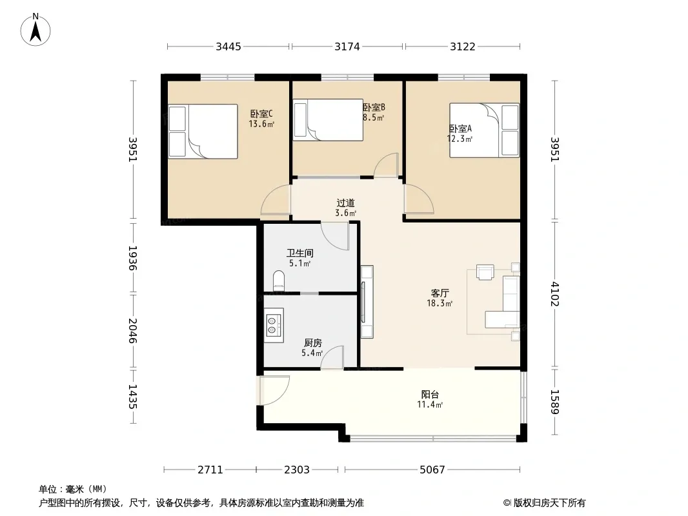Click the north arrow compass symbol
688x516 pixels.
pos(35,29)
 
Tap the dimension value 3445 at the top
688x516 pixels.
pos(228,46)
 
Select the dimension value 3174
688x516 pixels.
pos(347,46)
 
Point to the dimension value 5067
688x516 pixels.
pos(432,470)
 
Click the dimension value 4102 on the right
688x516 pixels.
pos(555,294)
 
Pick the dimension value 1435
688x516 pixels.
pos(132,397)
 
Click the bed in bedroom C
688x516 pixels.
pos(203,131)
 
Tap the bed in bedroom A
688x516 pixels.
pos(485,130)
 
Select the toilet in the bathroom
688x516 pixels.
pos(279,281)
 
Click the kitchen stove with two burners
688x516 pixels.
pos(274,325)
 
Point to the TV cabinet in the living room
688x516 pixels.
pos(367,302)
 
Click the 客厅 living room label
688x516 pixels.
pos(440,293)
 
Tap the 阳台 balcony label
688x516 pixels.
pos(430,395)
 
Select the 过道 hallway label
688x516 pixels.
pos(345,203)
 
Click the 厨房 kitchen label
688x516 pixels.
pos(313,343)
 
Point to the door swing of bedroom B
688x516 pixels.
pos(386,165)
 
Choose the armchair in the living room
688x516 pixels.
pos(485,272)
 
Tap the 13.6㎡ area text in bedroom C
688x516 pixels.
pos(261,124)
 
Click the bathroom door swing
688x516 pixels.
pos(335,236)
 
